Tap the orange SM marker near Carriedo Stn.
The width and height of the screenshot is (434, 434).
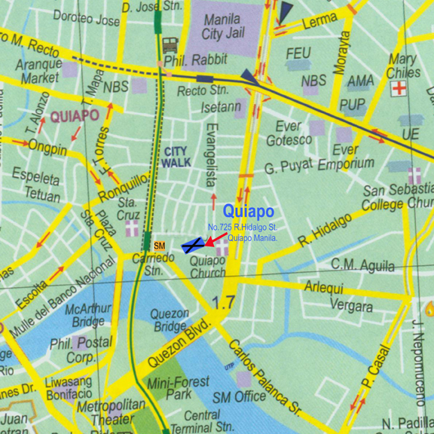point(159,246)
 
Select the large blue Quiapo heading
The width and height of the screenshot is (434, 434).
point(248,212)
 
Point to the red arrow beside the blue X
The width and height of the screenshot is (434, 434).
point(215,240)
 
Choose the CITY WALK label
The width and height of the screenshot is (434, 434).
point(176,157)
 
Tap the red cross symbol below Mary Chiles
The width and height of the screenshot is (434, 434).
point(399,89)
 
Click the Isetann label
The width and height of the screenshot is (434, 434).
point(221,108)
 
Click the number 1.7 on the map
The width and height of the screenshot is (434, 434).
point(224,303)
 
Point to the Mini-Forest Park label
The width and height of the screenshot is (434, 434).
point(178,388)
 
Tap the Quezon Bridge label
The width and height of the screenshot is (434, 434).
point(170,320)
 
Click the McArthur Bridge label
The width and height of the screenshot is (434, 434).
point(87,315)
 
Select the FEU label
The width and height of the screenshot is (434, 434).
point(298,54)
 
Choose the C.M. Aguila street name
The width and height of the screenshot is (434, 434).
point(362,264)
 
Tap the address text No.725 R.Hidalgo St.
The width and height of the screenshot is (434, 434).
point(243,227)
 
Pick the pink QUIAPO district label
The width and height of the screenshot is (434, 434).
point(75,116)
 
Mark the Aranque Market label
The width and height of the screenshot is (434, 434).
point(40,71)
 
